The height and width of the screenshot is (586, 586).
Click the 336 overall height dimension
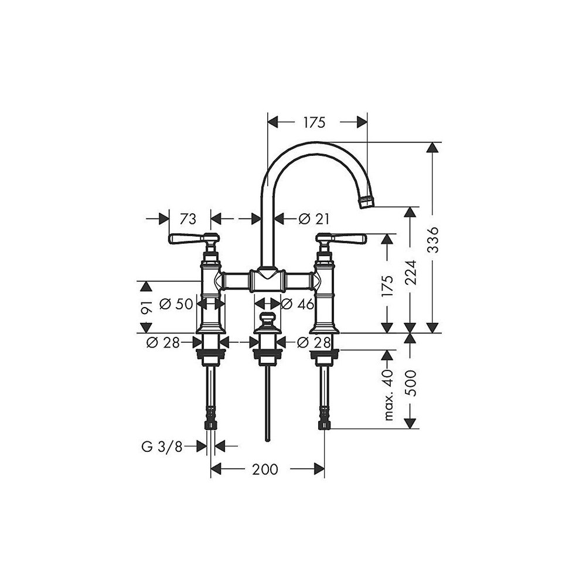[433, 240]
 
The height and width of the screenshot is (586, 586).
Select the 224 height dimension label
[411, 272]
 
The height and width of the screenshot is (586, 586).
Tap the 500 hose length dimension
[411, 383]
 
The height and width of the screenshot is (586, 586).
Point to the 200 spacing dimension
[265, 469]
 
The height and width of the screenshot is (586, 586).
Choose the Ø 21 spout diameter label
[314, 219]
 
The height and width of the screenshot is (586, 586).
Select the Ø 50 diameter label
[176, 304]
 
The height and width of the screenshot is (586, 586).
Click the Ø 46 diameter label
[298, 304]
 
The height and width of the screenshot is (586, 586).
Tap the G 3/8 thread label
[162, 447]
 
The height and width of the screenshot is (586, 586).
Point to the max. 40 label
[389, 394]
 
